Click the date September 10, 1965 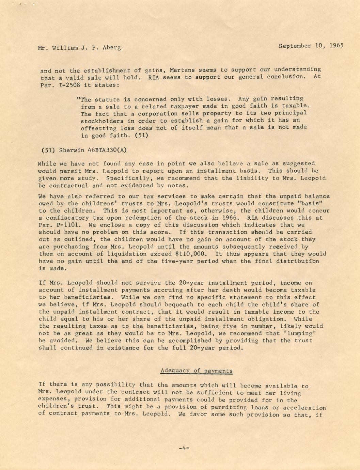311,46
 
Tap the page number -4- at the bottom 184,448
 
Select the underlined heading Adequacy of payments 197,371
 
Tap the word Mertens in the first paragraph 184,70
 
